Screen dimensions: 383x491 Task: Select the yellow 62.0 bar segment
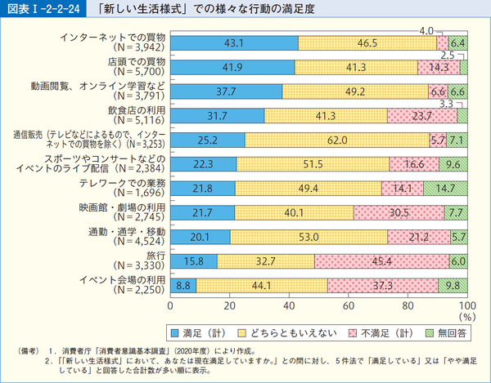point(337,140)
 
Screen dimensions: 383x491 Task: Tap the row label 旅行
point(155,256)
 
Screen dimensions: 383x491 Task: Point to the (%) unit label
point(466,316)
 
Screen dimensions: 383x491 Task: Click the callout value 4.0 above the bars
point(426,30)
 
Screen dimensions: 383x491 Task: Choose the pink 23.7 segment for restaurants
point(422,116)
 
